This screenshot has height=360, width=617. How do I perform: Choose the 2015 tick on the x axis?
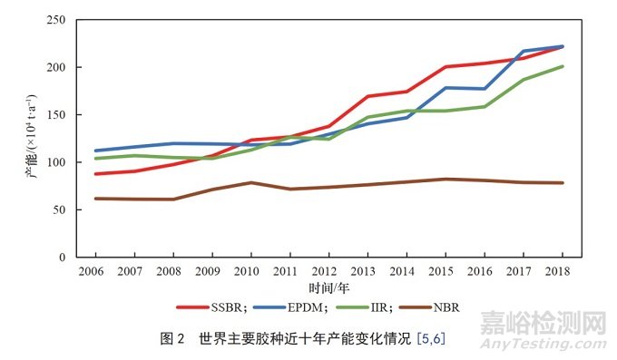pyautogui.click(x=442, y=271)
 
